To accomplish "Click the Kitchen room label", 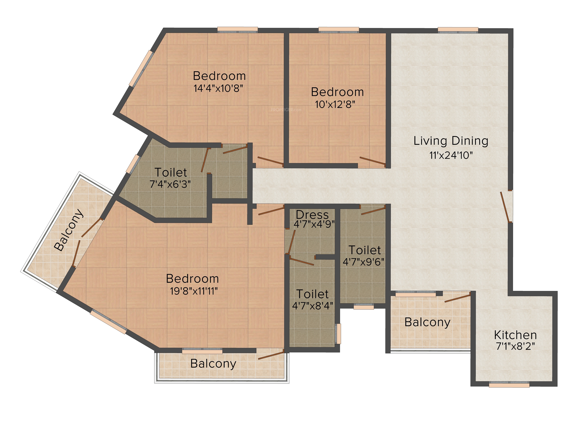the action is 515,335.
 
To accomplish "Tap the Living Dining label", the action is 451,141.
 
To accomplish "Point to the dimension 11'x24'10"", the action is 451,155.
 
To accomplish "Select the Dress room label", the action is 312,215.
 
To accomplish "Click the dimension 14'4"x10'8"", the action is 218,88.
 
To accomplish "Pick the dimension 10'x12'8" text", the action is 335,105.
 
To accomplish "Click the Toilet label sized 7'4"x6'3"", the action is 171,172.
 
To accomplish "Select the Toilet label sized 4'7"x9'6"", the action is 365,250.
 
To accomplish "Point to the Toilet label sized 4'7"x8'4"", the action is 313,294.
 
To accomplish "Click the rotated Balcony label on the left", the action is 69,230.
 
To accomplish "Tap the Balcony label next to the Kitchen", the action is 427,322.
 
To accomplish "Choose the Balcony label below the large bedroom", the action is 213,364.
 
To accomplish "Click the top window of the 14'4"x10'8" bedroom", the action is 237,30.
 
